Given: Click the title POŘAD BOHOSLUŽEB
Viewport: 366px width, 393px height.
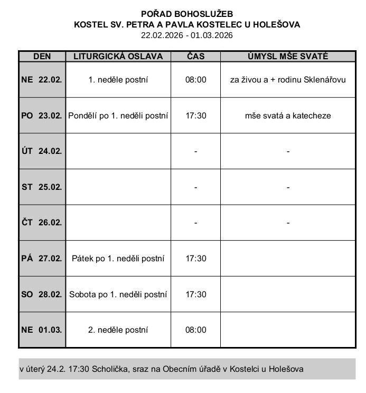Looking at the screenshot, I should coord(186,14).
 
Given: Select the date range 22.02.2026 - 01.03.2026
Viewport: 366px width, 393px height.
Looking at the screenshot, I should coord(186,35).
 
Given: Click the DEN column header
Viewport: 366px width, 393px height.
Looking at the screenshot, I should coord(42,56).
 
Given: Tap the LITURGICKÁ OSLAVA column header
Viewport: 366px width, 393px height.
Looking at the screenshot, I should coord(118,56).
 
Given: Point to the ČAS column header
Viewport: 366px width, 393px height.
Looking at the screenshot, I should coord(195,56).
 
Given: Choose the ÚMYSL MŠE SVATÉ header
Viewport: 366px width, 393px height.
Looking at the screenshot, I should coord(288,56).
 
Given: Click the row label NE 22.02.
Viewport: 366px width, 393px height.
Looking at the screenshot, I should coord(42,80).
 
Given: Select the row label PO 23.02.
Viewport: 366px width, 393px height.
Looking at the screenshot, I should coord(42,115).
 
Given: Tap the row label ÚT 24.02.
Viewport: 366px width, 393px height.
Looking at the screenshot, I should coord(42,151).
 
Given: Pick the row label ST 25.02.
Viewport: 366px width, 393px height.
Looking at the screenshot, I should coord(42,187).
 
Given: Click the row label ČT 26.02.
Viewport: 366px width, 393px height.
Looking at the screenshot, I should coord(42,223).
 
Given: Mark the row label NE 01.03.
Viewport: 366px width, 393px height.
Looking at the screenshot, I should coord(42,330).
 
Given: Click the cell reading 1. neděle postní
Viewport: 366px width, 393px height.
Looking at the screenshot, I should coord(118,80).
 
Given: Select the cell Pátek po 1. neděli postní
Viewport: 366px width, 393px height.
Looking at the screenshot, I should coord(118,259).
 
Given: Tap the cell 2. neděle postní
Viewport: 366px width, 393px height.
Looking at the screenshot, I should coord(118,330).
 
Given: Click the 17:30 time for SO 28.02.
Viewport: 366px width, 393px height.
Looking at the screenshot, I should coord(195,294).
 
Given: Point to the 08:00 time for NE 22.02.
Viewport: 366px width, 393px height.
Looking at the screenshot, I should coord(195,80).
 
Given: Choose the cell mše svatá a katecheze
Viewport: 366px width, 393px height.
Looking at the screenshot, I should coord(288,115).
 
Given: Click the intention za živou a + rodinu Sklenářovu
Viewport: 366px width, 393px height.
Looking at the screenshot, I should coord(288,80).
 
